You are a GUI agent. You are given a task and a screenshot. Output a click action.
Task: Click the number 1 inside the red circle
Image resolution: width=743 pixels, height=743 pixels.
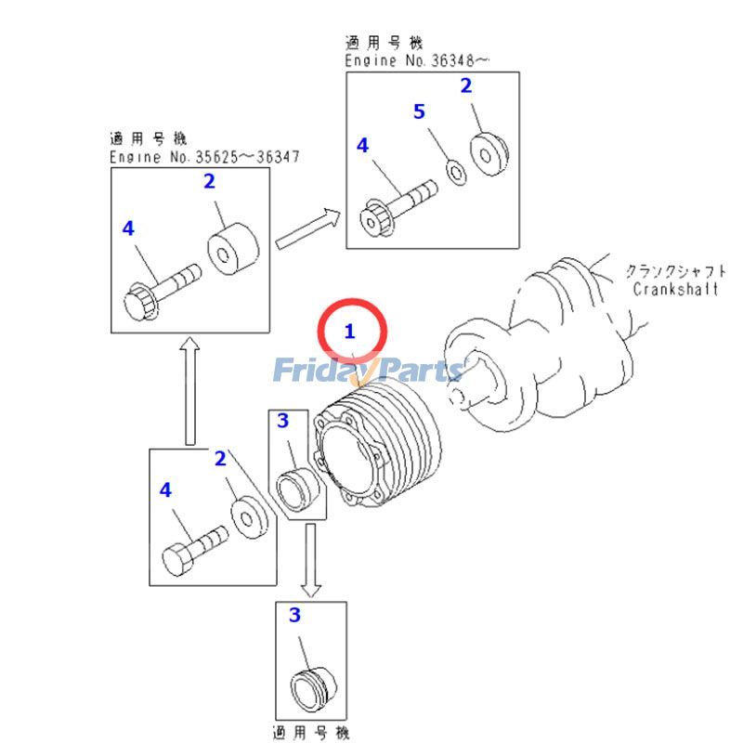click(x=350, y=331)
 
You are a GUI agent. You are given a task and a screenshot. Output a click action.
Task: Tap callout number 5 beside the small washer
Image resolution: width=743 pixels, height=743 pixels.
click(x=419, y=112)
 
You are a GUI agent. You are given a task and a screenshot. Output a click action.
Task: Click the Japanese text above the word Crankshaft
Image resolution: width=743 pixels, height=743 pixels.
click(x=675, y=271)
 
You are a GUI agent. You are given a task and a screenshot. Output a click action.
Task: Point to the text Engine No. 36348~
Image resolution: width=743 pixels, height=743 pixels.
click(x=418, y=60)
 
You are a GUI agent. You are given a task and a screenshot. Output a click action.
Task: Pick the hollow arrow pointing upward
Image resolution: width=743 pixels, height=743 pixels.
click(x=189, y=391)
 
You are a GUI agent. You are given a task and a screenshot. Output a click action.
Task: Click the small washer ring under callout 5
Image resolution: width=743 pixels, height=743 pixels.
click(x=455, y=171)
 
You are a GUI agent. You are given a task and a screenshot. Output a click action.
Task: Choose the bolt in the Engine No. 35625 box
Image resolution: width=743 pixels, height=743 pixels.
click(x=163, y=288)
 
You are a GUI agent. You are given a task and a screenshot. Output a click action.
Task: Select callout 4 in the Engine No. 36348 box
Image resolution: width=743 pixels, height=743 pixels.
click(x=362, y=146)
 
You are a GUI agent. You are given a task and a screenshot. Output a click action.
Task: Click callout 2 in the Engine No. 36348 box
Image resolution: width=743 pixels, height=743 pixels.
click(x=466, y=86)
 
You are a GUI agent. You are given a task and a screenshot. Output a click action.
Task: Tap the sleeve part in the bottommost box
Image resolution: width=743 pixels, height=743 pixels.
click(x=308, y=688)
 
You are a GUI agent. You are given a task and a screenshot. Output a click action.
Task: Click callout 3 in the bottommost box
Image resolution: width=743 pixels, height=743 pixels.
click(x=295, y=615)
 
